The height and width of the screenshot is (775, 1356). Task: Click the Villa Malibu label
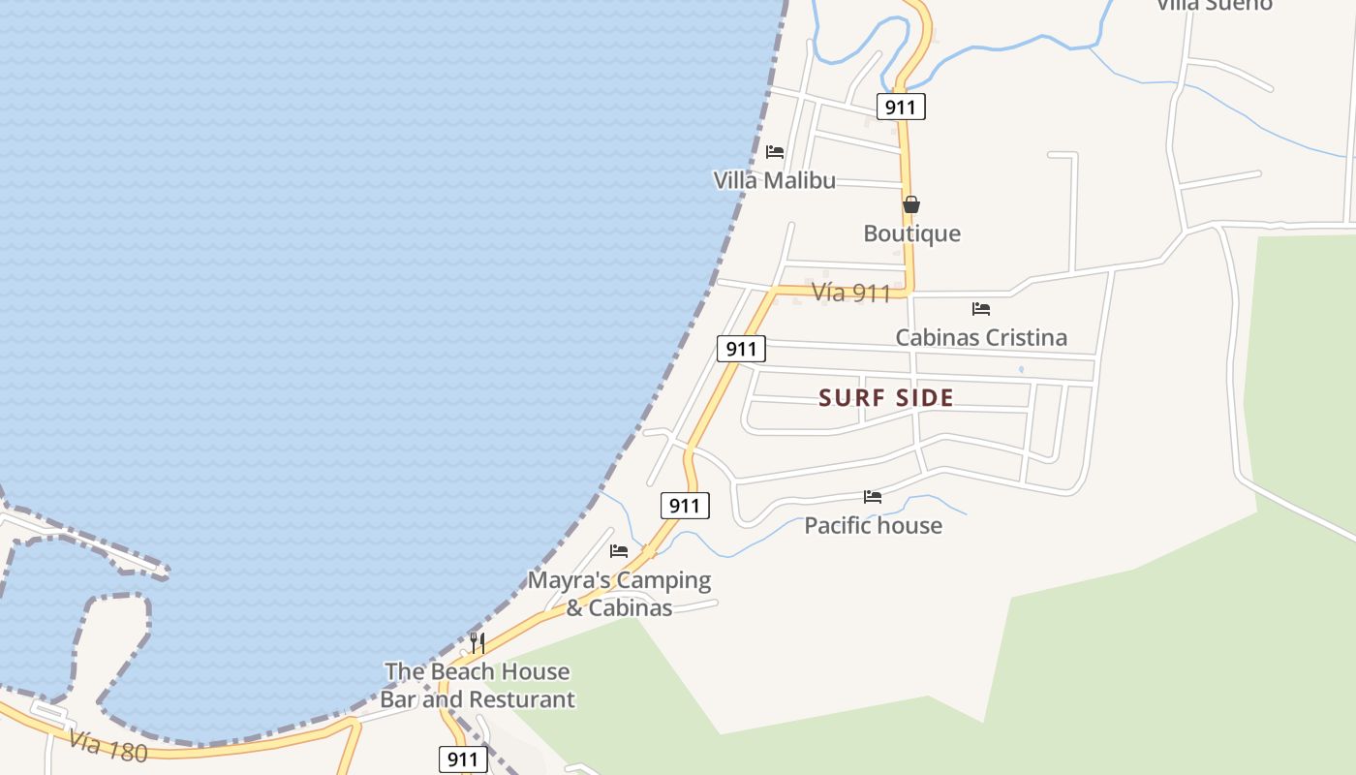pos(774,181)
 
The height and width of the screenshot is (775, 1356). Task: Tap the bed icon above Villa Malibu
pos(775,152)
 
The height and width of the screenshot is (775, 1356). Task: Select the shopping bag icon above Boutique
pos(911,204)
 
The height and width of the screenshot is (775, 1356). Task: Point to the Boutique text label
pos(912,233)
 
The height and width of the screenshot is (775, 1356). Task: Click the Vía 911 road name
pos(850,293)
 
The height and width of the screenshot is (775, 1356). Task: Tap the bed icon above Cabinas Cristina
pos(981,309)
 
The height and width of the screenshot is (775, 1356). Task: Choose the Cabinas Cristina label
pos(981,338)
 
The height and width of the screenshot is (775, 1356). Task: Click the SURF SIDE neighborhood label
pos(886,397)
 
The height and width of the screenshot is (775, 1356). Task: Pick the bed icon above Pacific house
pos(873,497)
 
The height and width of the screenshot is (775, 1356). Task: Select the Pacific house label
pos(873,526)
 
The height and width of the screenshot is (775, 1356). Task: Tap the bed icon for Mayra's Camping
pos(619,551)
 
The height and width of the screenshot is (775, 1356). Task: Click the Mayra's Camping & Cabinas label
pos(619,594)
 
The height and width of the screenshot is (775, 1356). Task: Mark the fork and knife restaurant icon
pos(477,642)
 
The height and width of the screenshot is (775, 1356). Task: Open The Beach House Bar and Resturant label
pos(478,685)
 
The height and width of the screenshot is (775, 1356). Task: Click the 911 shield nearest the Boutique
pos(901,107)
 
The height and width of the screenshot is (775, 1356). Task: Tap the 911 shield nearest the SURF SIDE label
pos(741,349)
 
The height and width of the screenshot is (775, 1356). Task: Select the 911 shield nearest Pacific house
pos(685,506)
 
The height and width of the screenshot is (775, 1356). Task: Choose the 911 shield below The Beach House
pos(463,759)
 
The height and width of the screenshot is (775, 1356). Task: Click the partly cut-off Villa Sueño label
pos(1215,5)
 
